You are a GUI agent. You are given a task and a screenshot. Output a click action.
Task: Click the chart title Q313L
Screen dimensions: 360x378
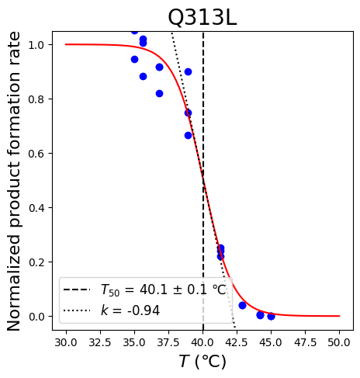202,18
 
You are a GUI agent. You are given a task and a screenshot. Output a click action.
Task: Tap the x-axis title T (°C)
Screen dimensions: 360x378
202,361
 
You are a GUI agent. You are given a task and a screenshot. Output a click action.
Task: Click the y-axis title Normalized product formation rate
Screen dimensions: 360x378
13,181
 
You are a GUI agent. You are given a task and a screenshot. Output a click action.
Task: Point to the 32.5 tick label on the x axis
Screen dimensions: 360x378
100,342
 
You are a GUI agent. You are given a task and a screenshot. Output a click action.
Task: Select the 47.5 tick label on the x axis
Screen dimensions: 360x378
305,342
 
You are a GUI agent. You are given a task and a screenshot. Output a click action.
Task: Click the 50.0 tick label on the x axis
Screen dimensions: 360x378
339,342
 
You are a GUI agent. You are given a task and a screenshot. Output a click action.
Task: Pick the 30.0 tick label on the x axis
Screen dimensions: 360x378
66,342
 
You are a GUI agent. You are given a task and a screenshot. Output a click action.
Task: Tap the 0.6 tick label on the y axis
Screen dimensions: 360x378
36,154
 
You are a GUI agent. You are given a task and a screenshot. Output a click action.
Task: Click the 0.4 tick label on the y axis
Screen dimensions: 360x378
36,208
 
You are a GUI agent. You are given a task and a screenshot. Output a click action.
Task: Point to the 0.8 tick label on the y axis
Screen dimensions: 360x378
36,99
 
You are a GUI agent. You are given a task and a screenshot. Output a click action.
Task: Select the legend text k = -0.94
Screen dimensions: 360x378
130,310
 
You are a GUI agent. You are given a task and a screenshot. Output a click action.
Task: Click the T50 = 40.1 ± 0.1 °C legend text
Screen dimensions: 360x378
164,290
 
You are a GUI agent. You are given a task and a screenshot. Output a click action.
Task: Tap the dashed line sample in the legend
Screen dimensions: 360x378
77,290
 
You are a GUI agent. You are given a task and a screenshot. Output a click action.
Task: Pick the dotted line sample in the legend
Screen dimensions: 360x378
77,310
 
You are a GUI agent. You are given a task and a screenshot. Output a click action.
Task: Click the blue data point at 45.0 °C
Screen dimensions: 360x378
271,316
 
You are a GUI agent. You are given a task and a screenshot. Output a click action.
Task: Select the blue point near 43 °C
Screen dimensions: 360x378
242,305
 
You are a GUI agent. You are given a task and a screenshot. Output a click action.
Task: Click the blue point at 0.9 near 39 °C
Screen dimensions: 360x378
188,71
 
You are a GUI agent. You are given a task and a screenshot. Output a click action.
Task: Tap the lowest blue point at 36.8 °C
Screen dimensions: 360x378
159,93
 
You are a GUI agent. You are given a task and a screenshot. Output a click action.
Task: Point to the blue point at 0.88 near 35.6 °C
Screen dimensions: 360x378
143,76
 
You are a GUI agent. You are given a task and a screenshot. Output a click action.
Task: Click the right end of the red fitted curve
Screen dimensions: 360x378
339,316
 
